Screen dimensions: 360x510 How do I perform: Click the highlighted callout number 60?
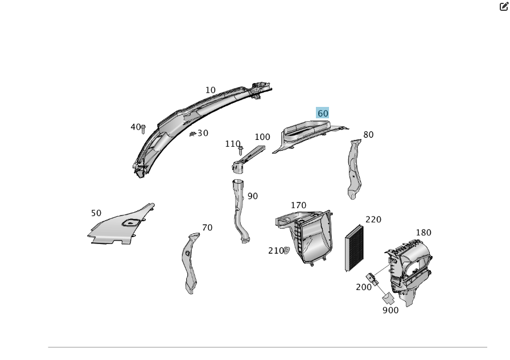[323, 113]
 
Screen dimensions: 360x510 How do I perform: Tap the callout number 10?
[211, 90]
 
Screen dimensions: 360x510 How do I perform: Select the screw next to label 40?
[143, 129]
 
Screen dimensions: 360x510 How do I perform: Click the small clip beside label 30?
[193, 134]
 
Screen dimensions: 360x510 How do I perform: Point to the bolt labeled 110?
[241, 151]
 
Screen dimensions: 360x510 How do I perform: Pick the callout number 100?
[262, 137]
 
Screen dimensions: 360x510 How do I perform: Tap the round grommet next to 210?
[286, 250]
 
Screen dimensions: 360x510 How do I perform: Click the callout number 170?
[298, 205]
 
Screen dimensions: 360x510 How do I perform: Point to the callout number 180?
[423, 232]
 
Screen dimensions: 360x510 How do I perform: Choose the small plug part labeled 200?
[373, 279]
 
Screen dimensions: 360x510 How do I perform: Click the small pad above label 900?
[389, 298]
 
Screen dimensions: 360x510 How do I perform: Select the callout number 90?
[253, 196]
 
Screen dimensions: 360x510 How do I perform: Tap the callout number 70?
[207, 227]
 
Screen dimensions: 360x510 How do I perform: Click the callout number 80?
[368, 135]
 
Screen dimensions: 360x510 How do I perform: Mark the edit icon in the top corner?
[504, 6]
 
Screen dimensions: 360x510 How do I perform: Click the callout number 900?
[390, 310]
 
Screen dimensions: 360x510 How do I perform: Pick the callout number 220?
[373, 220]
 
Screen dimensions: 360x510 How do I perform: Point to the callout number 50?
[96, 213]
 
